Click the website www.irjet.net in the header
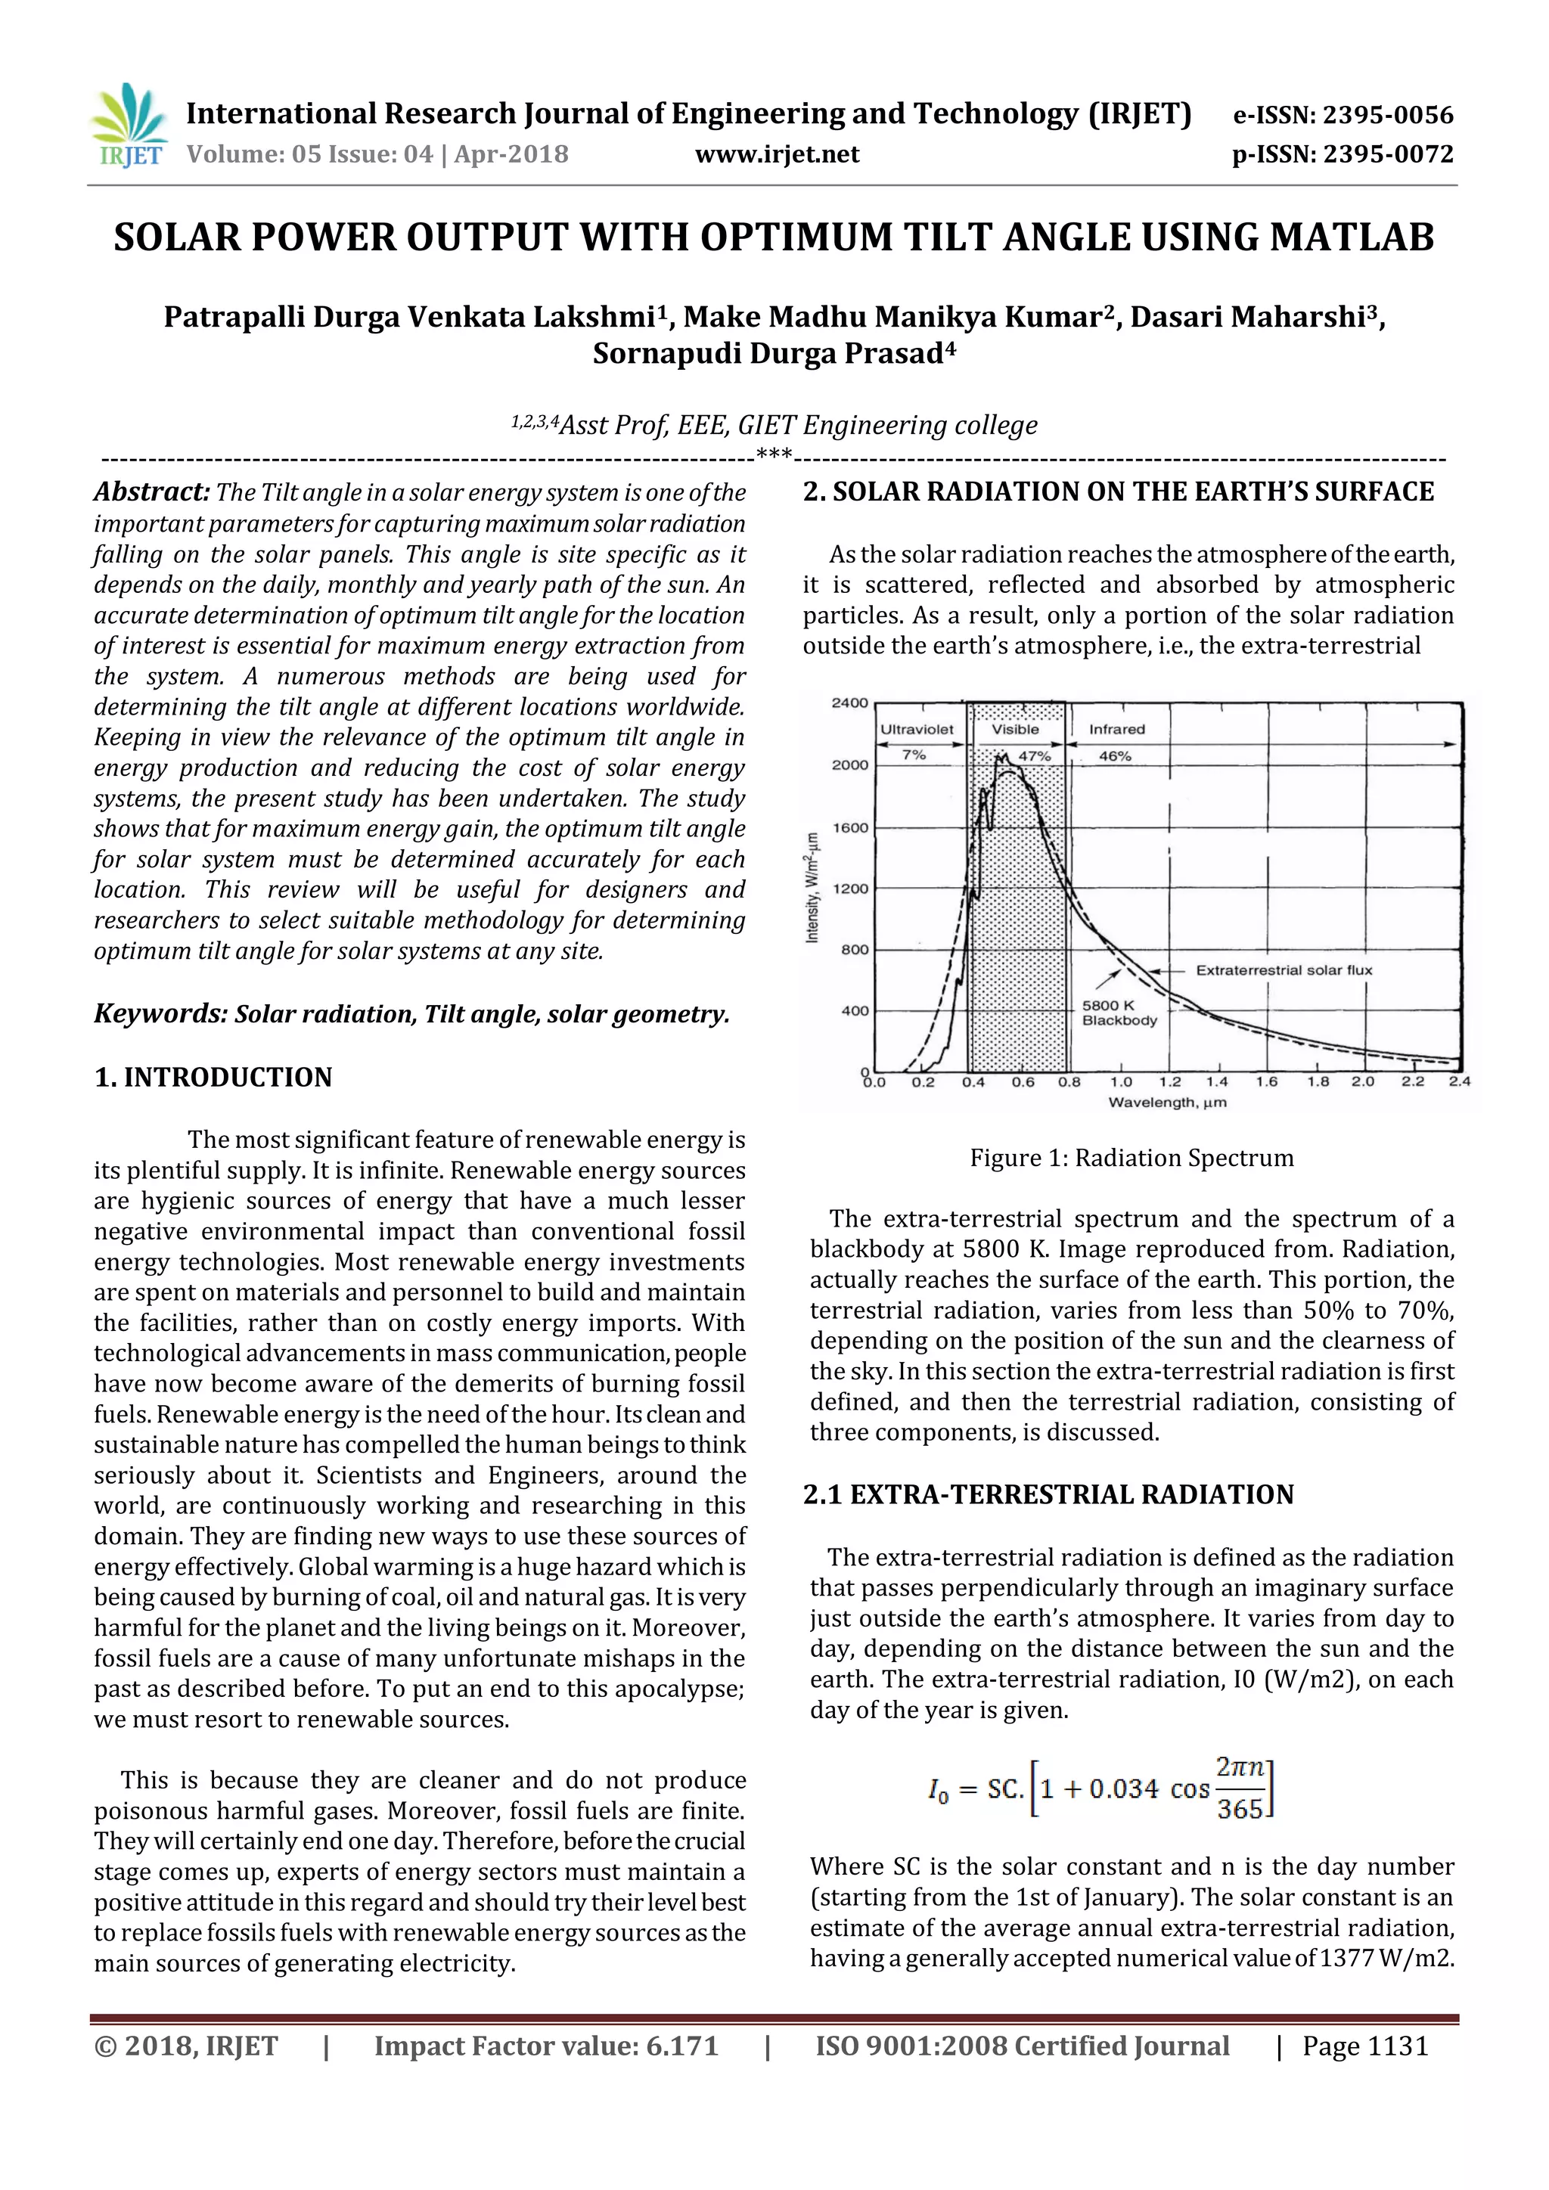(777, 154)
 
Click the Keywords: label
(160, 1013)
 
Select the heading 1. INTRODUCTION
(213, 1077)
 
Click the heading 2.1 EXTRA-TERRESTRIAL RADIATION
(1048, 1494)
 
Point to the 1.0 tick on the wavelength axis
(1121, 1081)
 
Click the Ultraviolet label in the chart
(916, 730)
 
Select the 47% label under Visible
(1035, 755)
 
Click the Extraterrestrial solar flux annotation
(1283, 970)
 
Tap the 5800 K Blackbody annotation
(1118, 1013)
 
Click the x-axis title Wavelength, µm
(1166, 1103)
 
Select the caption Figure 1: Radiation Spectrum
(1131, 1158)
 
